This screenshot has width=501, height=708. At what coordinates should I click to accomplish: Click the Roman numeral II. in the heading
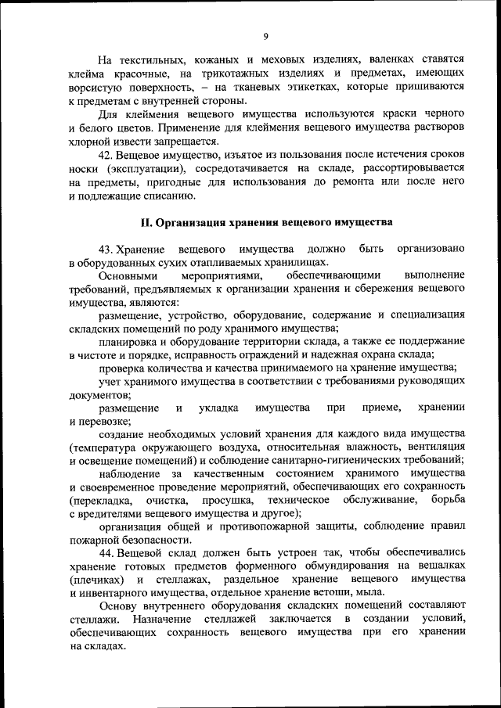click(x=145, y=222)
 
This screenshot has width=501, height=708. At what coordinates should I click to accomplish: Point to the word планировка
click(x=129, y=342)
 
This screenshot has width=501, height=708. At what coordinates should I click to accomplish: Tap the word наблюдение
click(x=132, y=474)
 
